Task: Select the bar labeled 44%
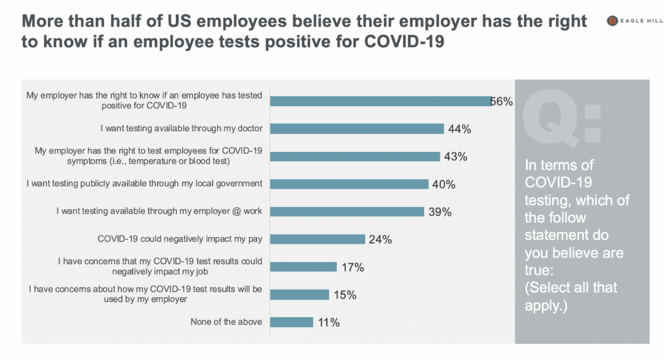click(357, 129)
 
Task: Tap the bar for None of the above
click(292, 322)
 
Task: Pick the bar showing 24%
click(317, 239)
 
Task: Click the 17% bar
click(303, 267)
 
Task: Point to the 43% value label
click(455, 156)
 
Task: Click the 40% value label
click(444, 184)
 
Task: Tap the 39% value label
click(440, 211)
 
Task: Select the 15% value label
click(345, 294)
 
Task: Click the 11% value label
click(328, 322)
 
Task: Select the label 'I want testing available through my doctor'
click(181, 129)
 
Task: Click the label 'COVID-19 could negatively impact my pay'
click(180, 239)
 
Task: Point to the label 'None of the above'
click(226, 322)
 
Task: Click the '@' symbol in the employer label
click(238, 211)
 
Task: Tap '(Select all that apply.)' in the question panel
click(571, 296)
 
